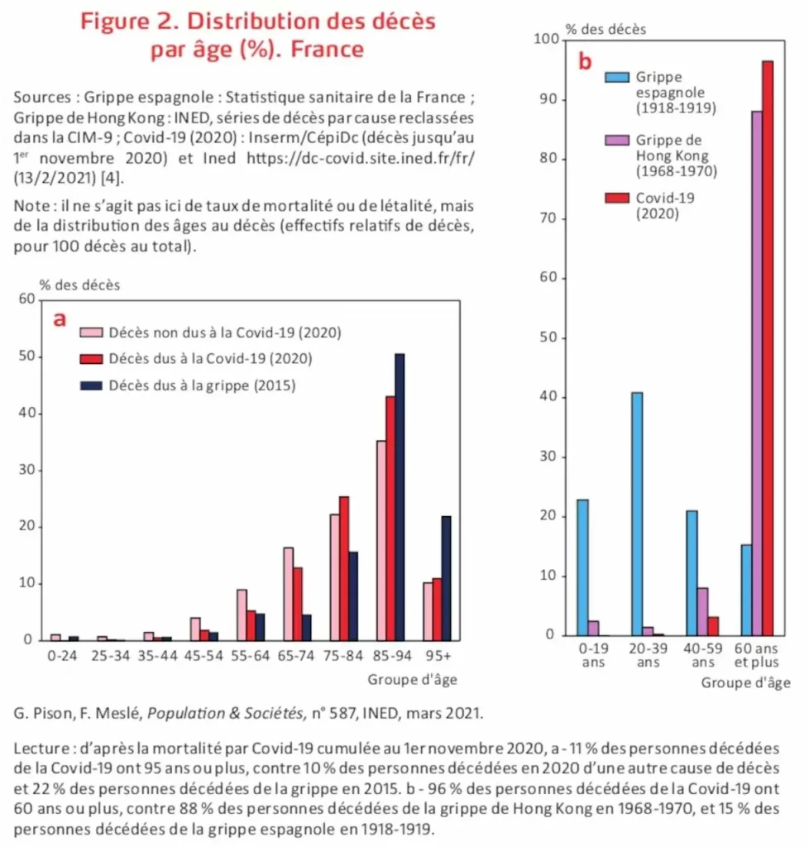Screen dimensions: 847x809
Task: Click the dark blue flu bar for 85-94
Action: point(400,496)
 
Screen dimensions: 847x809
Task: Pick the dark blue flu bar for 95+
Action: point(446,578)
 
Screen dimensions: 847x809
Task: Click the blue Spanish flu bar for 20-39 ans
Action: point(636,514)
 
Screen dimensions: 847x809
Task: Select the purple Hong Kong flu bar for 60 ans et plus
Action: point(756,373)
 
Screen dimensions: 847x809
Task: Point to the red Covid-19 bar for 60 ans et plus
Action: point(768,348)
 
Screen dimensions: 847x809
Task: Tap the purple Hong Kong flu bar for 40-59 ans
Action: point(702,611)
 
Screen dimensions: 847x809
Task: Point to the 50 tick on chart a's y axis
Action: point(32,357)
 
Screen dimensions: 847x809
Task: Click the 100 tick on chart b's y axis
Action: point(546,39)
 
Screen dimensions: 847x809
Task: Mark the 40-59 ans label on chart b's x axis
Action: point(702,657)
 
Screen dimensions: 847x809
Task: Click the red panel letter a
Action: point(60,319)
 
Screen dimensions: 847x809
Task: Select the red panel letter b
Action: point(585,61)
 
